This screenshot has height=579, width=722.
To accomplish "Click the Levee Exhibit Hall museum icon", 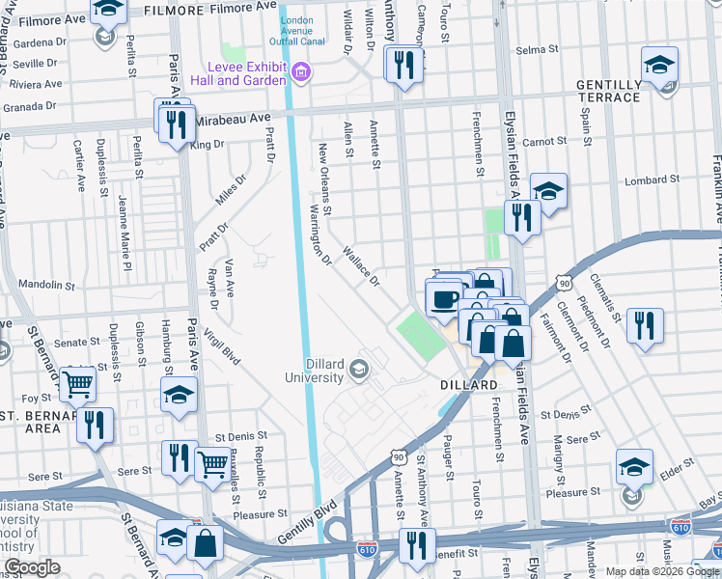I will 300,71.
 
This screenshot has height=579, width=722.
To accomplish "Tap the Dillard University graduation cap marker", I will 359,369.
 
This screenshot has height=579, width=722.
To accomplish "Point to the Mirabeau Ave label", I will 233,119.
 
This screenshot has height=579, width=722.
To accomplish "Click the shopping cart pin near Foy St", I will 77,383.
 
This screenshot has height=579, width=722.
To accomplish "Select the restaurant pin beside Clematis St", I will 644,325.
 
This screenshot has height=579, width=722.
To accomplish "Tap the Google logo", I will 32,568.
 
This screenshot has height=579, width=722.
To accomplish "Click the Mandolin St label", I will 45,286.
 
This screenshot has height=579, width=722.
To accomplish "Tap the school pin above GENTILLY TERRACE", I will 660,66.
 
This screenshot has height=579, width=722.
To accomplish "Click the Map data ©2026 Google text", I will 662,571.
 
